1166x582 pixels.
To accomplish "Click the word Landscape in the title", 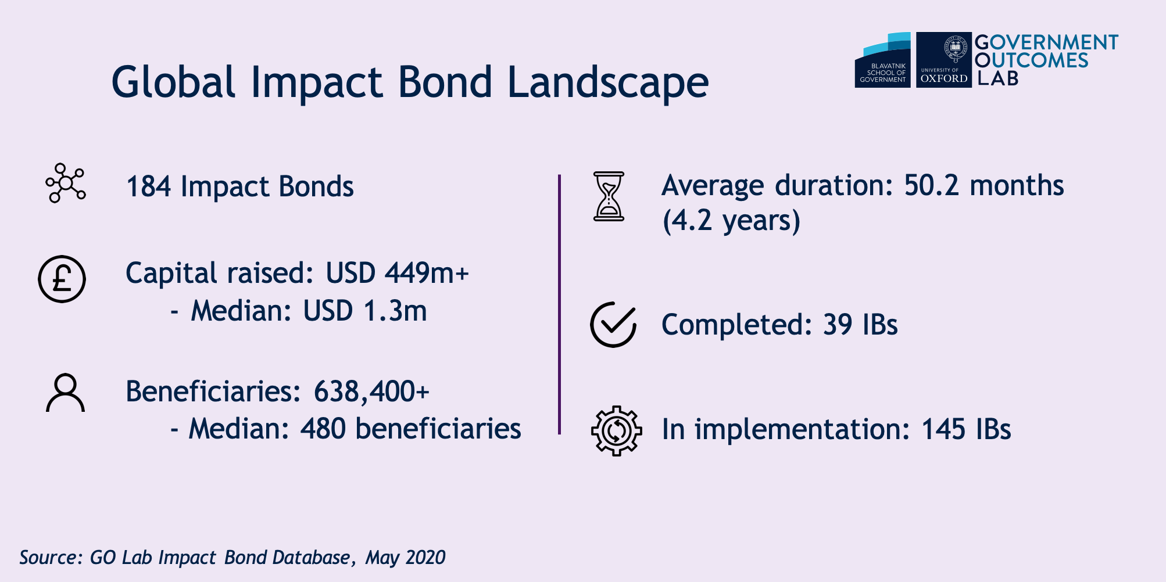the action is click(608, 82).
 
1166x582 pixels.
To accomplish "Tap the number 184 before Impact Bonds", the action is click(149, 186).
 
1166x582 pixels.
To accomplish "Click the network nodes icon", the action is click(66, 183).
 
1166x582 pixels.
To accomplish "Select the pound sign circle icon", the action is click(62, 279).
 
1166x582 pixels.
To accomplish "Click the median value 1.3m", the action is click(395, 311).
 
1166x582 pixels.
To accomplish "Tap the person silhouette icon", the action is click(65, 393).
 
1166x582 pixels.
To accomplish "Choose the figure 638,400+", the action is click(371, 391).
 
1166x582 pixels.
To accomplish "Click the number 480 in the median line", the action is click(323, 429).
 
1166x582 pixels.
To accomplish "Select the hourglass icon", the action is click(609, 196).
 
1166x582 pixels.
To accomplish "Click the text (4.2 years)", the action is click(731, 221).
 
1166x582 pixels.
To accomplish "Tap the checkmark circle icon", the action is click(613, 324).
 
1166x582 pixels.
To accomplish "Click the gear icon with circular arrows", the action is click(616, 430).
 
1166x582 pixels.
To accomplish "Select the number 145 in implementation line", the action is click(944, 430).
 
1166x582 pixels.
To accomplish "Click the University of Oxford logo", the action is click(943, 60).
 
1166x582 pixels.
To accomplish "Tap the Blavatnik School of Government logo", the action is click(882, 60).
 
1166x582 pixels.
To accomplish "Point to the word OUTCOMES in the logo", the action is click(1031, 60).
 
